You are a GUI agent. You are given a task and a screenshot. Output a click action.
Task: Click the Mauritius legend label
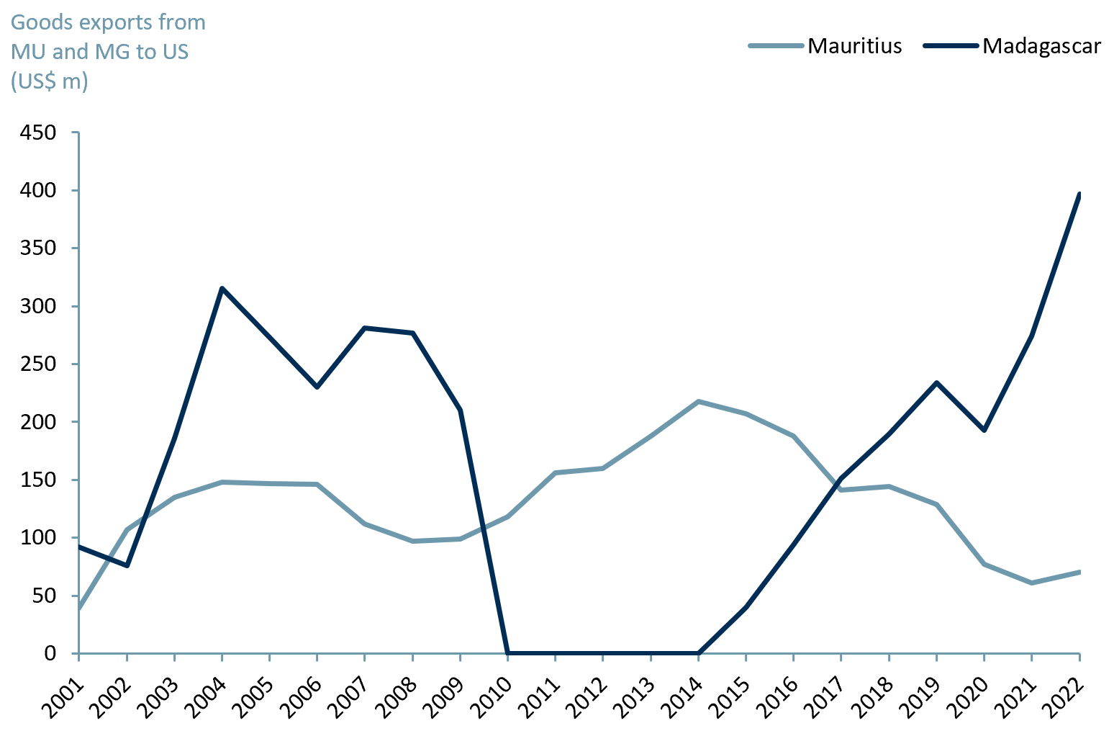(x=854, y=46)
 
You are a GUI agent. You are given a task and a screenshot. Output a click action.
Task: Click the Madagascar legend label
(x=1041, y=46)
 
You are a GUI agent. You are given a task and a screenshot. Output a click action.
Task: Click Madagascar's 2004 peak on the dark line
(x=222, y=288)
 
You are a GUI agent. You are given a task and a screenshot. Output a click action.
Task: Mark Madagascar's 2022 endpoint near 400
(x=1079, y=194)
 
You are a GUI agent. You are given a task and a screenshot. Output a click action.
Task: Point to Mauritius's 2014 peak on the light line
(x=698, y=401)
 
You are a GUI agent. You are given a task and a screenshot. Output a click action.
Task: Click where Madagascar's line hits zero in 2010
(x=508, y=652)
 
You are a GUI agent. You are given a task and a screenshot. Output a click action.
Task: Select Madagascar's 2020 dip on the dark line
(x=984, y=430)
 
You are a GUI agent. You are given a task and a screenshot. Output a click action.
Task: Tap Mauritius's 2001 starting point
(x=78, y=609)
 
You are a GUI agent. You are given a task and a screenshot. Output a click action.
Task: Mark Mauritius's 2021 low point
(x=1032, y=583)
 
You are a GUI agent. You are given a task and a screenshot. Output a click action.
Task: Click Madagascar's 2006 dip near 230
(x=317, y=387)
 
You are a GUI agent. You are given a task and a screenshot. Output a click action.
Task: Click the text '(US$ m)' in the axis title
(x=49, y=81)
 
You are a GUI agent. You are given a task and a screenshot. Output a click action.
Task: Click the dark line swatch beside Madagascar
(x=951, y=46)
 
